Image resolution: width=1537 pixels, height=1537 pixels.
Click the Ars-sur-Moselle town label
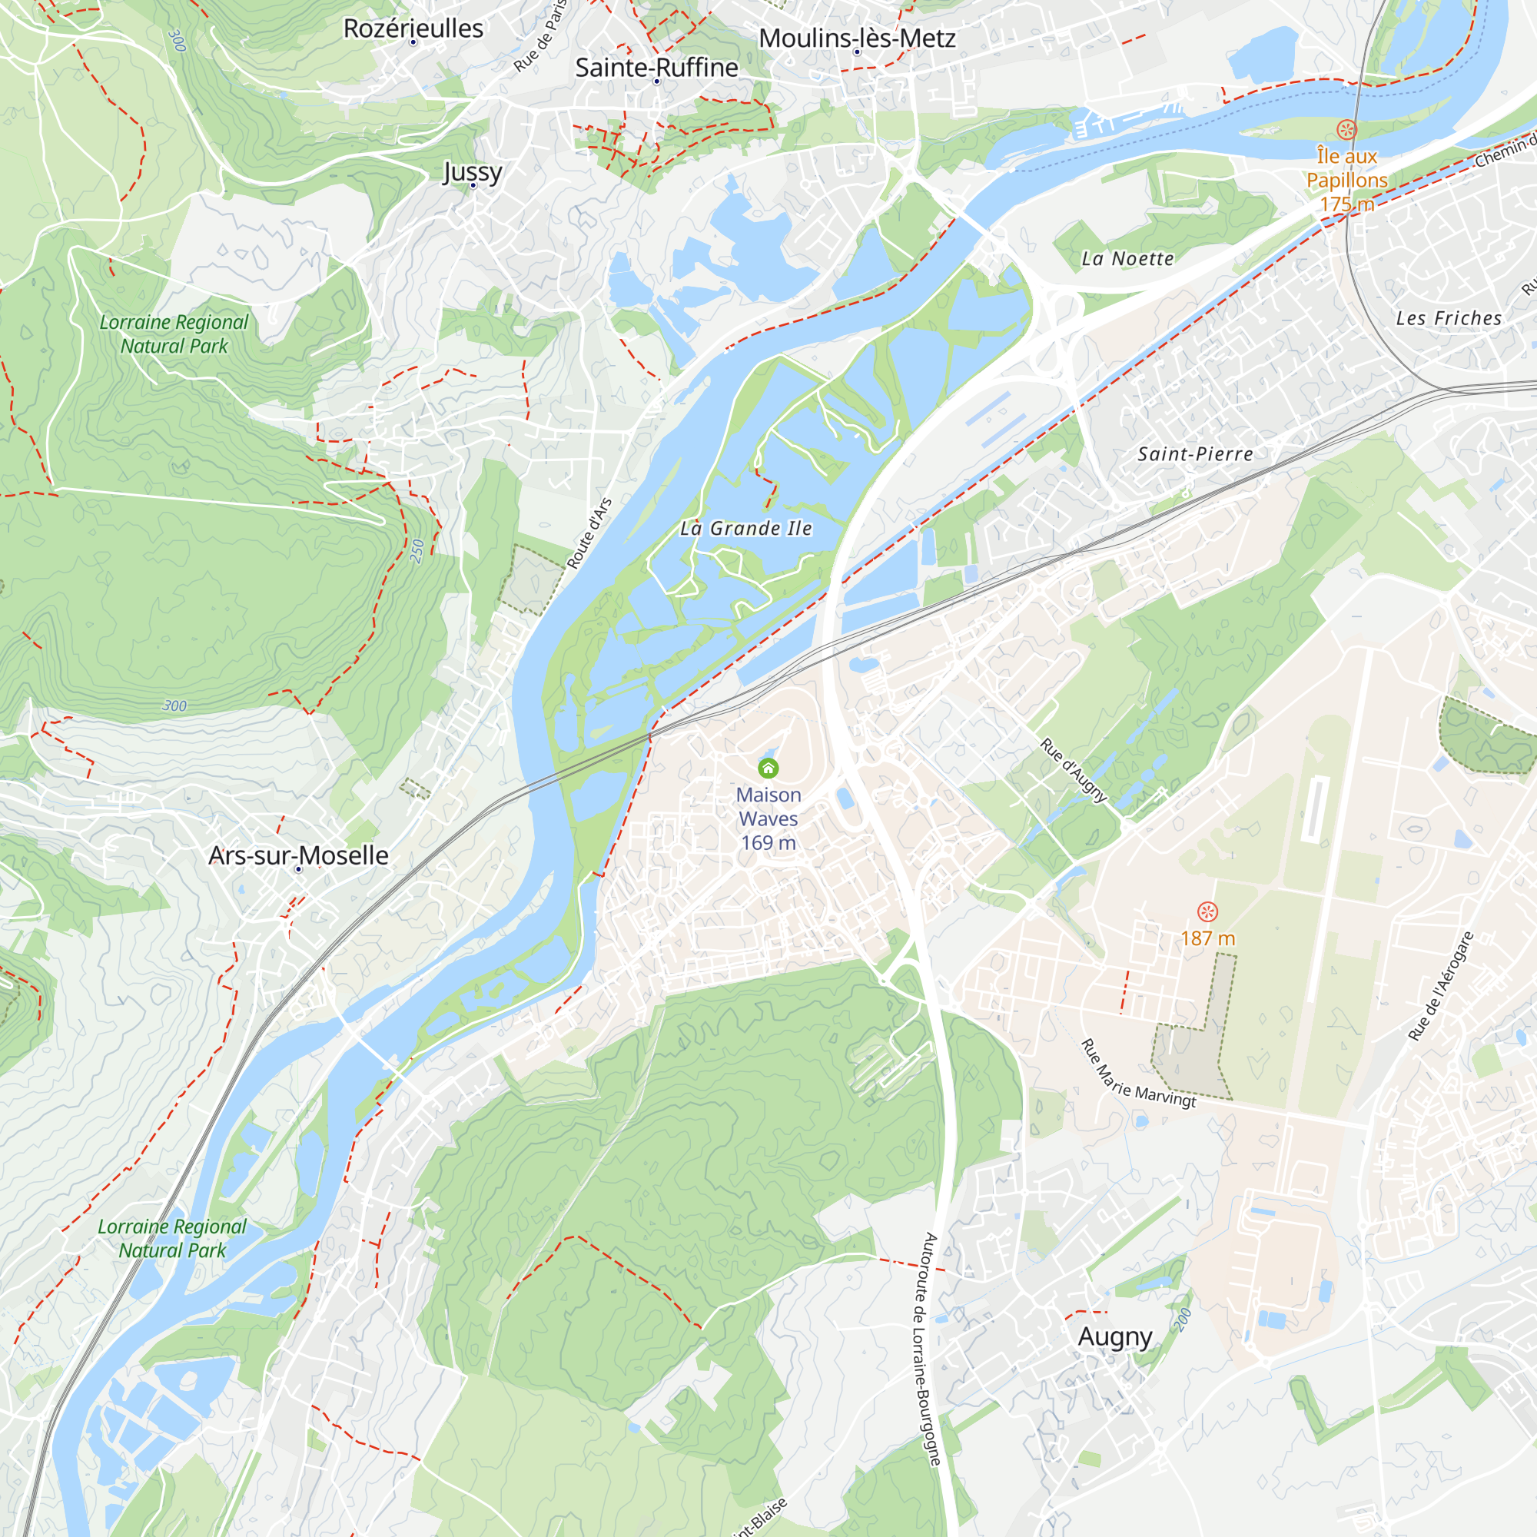coord(298,855)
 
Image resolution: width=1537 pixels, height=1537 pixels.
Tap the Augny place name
coord(1114,1336)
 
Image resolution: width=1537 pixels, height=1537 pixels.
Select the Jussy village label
coord(473,171)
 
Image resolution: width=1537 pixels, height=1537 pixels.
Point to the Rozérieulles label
coord(413,28)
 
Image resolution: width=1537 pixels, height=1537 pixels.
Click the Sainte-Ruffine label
coord(656,68)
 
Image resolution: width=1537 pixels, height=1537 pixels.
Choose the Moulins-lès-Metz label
coord(857,38)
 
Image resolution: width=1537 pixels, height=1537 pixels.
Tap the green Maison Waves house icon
coord(768,768)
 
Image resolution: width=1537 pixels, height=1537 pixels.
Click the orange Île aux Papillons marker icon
coord(1346,129)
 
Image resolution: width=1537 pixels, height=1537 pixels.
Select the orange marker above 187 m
coord(1207,911)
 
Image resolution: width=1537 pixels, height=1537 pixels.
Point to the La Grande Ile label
coord(745,528)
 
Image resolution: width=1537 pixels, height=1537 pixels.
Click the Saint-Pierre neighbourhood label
coord(1195,454)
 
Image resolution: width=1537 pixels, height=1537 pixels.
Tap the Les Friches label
coord(1449,318)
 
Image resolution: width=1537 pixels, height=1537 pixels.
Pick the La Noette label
coord(1127,258)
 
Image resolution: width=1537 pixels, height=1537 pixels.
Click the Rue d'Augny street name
coord(1073,770)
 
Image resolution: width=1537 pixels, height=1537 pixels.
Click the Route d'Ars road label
coord(589,533)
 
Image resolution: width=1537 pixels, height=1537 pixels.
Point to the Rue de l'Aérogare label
coord(1441,986)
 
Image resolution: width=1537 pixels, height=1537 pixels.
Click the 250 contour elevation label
coord(417,550)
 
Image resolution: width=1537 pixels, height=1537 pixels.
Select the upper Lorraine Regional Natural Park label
coord(174,334)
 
